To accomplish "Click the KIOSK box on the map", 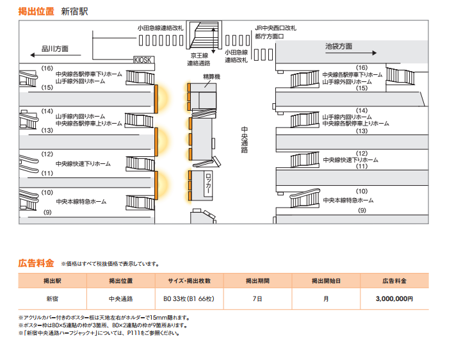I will tap(143, 60).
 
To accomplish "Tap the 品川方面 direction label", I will tap(55, 49).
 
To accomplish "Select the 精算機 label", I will tap(211, 76).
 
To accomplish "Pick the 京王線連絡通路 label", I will tap(198, 59).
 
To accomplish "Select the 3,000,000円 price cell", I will tap(395, 299).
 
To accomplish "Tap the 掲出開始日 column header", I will tap(326, 281).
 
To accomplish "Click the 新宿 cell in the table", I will tap(52, 299).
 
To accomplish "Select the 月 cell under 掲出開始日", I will tap(326, 299).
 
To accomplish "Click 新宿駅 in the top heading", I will tap(74, 11).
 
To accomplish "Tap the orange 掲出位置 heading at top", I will tap(36, 11).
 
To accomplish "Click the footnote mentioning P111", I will tap(102, 333).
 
